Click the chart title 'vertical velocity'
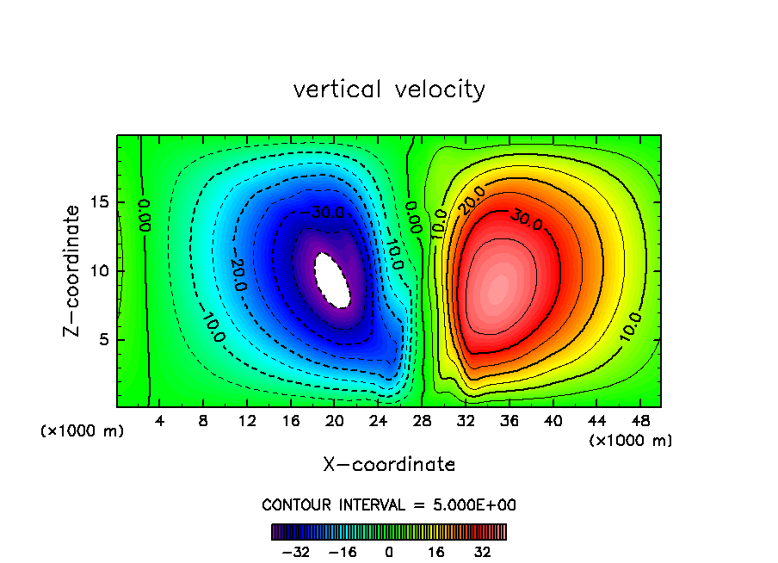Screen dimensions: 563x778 click(x=389, y=90)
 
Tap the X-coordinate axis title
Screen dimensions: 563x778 click(x=389, y=465)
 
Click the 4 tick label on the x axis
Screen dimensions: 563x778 click(x=160, y=423)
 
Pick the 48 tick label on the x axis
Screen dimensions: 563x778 click(x=640, y=423)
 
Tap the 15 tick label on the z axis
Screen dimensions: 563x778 click(x=100, y=203)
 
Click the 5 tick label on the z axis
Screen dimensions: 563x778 click(x=104, y=339)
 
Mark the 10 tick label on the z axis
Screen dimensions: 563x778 click(x=100, y=271)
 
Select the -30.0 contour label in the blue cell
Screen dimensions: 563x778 click(x=325, y=212)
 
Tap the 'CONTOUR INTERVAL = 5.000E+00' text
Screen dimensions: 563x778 click(x=389, y=504)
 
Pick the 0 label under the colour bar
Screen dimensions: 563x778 click(x=389, y=552)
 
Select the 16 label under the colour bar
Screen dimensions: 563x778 click(x=436, y=552)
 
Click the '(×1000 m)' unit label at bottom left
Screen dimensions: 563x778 click(x=83, y=431)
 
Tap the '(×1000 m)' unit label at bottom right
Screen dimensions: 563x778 click(x=631, y=441)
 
